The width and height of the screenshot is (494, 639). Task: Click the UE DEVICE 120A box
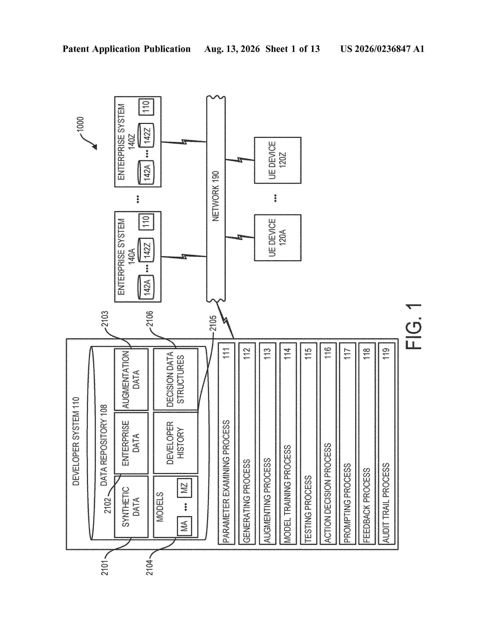coord(277,238)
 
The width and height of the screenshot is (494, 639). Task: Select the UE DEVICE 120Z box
coord(277,160)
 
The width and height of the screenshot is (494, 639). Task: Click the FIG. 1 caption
coord(414,327)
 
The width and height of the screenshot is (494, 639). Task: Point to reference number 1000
coord(80,125)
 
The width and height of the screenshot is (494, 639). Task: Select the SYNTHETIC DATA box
coord(131,507)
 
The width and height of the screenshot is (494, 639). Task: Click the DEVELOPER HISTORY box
coord(176,443)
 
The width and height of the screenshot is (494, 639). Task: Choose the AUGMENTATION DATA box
coord(131,380)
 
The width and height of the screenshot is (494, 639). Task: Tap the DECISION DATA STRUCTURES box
coord(176,380)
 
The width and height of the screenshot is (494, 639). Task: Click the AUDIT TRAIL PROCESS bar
coord(386,444)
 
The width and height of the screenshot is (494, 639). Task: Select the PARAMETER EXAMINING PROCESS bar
coord(226,444)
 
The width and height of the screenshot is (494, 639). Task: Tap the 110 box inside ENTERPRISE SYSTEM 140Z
coord(146,107)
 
